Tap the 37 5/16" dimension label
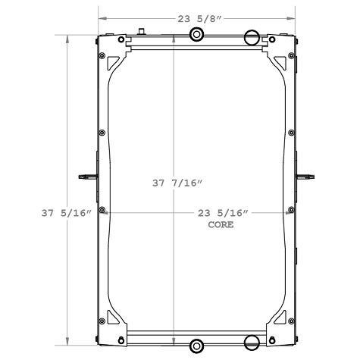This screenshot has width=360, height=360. [x=67, y=212]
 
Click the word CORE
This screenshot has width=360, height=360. [x=220, y=225]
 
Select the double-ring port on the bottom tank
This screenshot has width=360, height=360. [x=196, y=346]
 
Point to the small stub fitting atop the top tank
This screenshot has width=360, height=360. [x=140, y=32]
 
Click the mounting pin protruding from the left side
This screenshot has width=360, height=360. [x=86, y=177]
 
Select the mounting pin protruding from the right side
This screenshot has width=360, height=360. [x=306, y=177]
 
